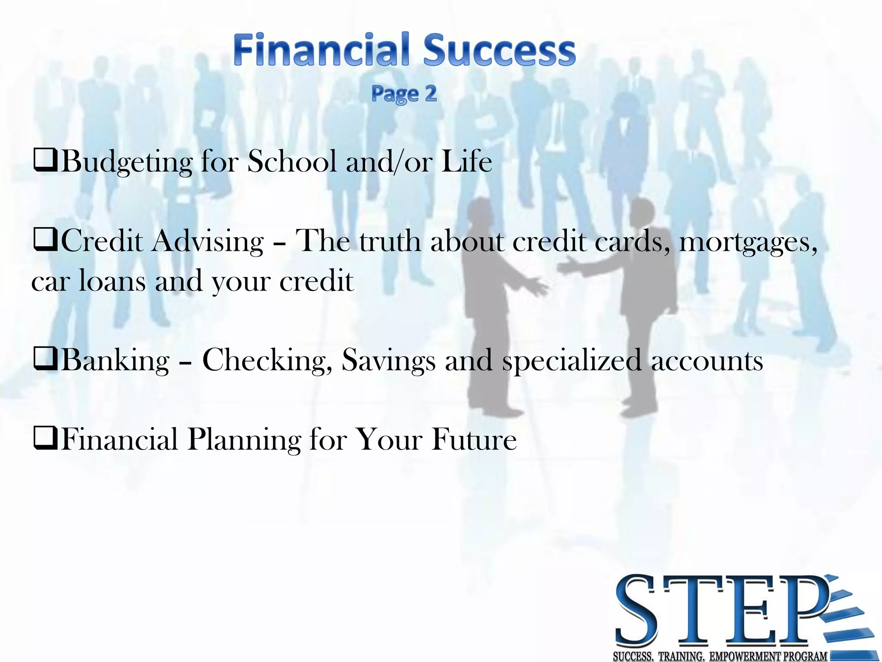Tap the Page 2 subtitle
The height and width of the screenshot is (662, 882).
[404, 94]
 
